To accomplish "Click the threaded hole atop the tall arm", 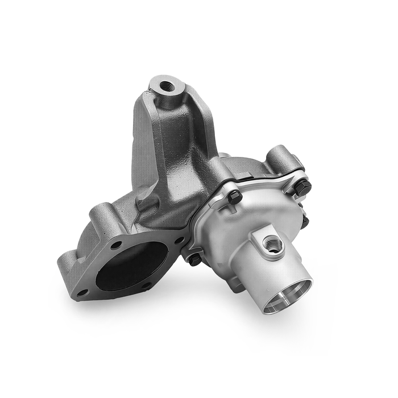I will pos(167,86).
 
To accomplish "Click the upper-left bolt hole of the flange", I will pos(116,245).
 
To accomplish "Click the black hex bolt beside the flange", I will pos(194,259).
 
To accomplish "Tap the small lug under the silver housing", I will pos(237,284).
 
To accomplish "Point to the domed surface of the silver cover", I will pos(239,227).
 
